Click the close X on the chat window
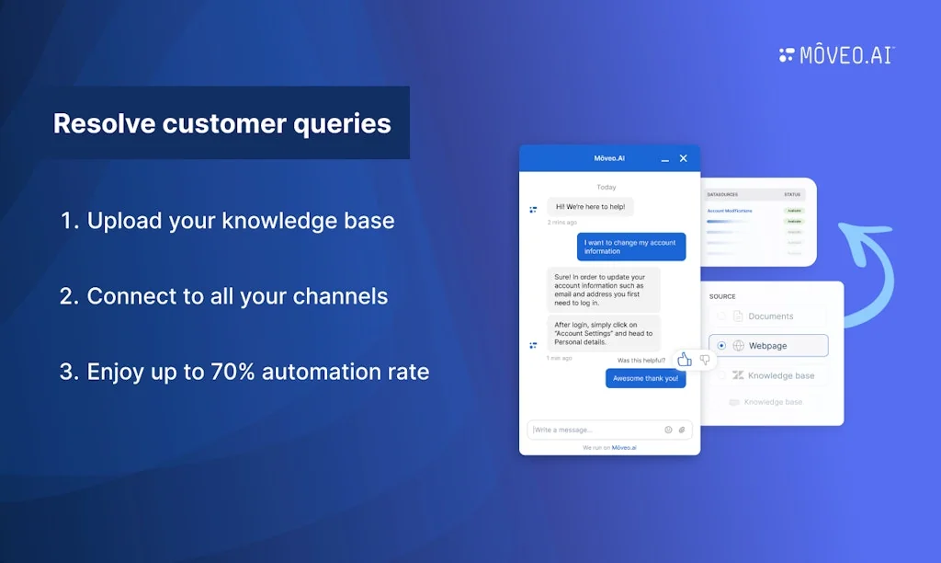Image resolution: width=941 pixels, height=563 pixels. (x=683, y=158)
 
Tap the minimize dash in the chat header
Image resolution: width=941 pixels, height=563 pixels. (x=665, y=160)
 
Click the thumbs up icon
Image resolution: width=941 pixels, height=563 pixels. (x=685, y=360)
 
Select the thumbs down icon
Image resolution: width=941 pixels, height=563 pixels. (x=705, y=360)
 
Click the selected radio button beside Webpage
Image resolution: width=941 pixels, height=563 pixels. (x=721, y=346)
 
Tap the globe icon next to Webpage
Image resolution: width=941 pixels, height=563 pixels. (x=738, y=346)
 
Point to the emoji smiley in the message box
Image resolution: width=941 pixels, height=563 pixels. (x=668, y=430)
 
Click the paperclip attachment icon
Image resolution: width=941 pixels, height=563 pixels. (x=682, y=430)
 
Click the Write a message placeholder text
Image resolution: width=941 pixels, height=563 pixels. (x=564, y=430)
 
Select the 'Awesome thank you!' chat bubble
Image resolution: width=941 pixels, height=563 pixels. (x=645, y=378)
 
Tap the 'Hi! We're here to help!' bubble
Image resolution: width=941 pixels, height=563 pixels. (x=590, y=207)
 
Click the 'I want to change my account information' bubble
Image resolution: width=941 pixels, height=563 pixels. (x=631, y=247)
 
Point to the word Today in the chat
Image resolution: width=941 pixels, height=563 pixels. (x=607, y=187)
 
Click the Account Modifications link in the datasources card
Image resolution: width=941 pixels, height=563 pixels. (x=730, y=211)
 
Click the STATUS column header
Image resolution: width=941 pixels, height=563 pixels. (x=792, y=195)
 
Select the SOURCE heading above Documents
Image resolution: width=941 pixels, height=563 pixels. (x=722, y=296)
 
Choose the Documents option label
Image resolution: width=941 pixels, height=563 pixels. (x=770, y=316)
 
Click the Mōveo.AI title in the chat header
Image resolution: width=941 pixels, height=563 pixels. (x=609, y=158)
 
